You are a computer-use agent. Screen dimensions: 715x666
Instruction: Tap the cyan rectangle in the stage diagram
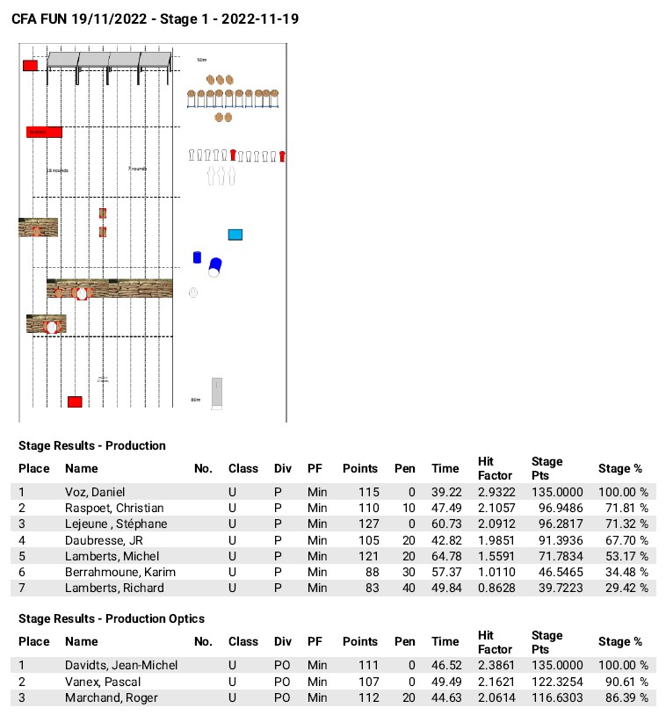tap(235, 235)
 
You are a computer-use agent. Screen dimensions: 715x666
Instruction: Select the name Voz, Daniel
tap(95, 493)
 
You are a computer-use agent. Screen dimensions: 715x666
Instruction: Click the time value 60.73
tap(445, 524)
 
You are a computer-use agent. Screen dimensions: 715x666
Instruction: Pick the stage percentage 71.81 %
tap(623, 509)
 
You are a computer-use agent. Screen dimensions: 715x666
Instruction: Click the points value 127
tap(367, 524)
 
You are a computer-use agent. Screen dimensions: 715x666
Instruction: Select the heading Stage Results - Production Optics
tap(111, 618)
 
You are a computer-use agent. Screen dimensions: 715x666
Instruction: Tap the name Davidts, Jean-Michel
tap(121, 666)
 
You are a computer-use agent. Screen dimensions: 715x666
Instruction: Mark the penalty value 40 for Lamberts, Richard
tap(408, 588)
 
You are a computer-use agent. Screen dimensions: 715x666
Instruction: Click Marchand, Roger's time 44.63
tap(445, 697)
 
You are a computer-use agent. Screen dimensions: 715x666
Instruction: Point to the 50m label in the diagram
tap(201, 60)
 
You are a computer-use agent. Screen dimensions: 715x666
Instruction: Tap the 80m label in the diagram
tap(196, 400)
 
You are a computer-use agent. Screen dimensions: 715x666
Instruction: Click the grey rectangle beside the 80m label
tap(217, 393)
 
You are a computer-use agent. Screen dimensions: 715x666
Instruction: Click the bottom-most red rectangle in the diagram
tap(75, 401)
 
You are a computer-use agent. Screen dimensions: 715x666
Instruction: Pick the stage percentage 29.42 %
tap(623, 588)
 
